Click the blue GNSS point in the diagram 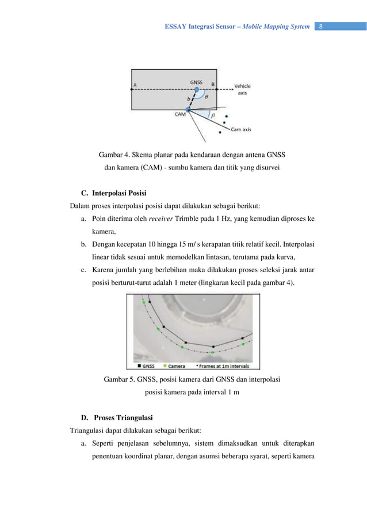coord(197,90)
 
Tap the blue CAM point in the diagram coord(188,108)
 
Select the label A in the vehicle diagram coord(135,84)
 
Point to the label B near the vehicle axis coord(213,84)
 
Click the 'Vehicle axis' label coord(242,89)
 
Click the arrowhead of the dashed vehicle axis coord(230,90)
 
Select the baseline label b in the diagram coord(188,99)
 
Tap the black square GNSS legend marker coord(139,365)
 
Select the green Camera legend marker coord(165,365)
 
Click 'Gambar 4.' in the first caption coord(114,155)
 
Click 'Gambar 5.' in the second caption coord(119,379)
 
